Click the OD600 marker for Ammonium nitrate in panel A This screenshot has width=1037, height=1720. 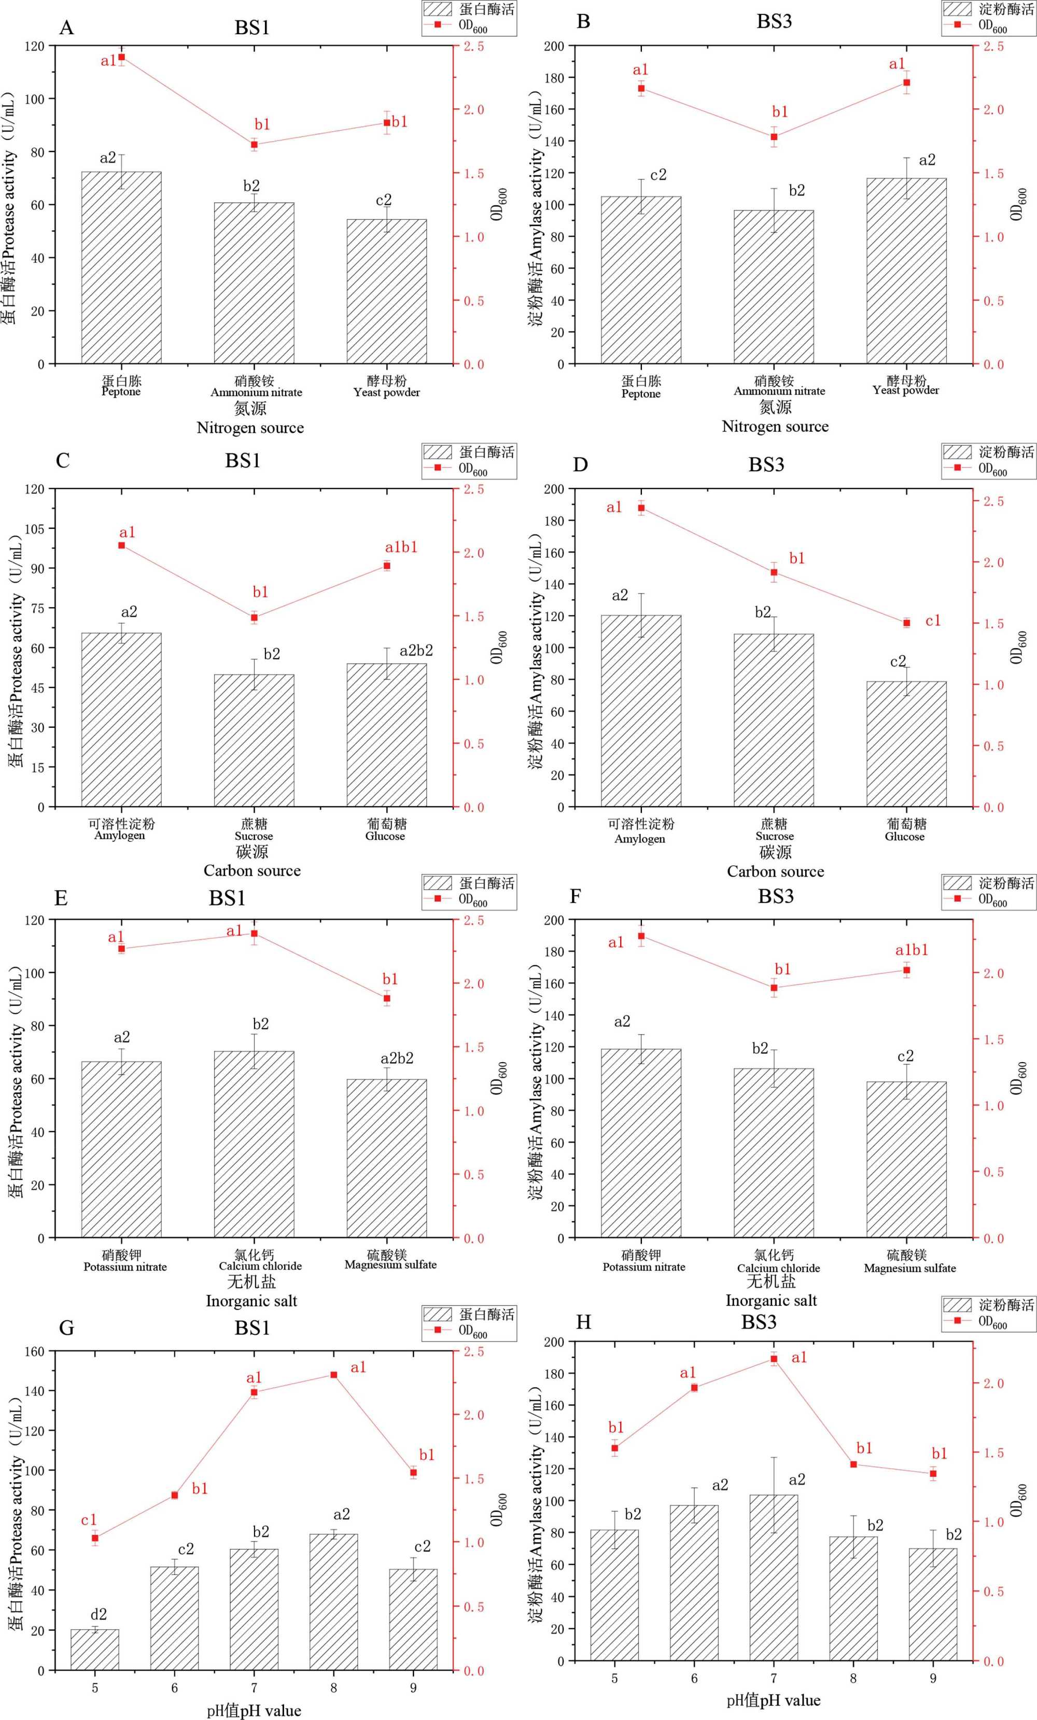(x=254, y=145)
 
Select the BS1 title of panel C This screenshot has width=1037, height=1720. (x=242, y=461)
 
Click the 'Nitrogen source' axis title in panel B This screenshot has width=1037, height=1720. (x=775, y=427)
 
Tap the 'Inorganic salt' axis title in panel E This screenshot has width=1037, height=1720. (x=251, y=1301)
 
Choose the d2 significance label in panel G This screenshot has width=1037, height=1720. (x=99, y=1614)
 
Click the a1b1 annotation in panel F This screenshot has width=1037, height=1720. (x=912, y=950)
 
